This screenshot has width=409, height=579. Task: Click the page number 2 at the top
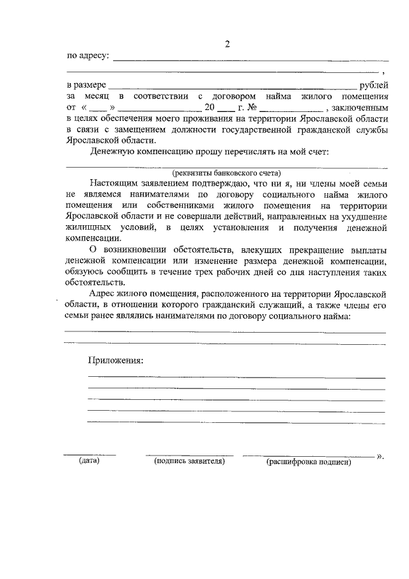tap(226, 44)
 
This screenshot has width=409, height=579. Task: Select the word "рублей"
tap(374, 84)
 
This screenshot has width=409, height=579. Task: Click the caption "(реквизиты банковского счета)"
tap(226, 172)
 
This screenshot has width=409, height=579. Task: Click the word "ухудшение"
tap(364, 218)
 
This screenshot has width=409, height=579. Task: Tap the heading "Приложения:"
tap(116, 360)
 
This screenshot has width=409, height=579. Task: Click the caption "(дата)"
tap(89, 461)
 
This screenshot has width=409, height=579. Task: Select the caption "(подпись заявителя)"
tap(187, 461)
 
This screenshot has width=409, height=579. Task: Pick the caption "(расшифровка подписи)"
tap(309, 461)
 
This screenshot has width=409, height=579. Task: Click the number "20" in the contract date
tap(210, 107)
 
